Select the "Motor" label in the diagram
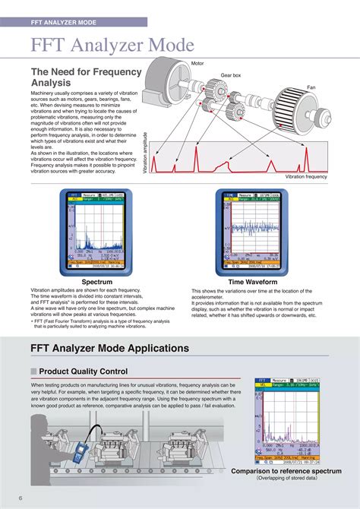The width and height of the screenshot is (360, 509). [x=197, y=63]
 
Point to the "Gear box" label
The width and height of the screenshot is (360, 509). [x=231, y=75]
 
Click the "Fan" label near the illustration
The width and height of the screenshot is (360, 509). [x=311, y=87]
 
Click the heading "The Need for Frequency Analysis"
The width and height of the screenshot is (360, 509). [x=85, y=77]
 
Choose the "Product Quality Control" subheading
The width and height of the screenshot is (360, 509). [x=83, y=371]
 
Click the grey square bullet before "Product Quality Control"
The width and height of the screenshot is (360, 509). [x=33, y=371]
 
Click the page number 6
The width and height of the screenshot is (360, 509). [x=21, y=498]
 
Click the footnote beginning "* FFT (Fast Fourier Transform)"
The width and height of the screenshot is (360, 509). [x=98, y=324]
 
